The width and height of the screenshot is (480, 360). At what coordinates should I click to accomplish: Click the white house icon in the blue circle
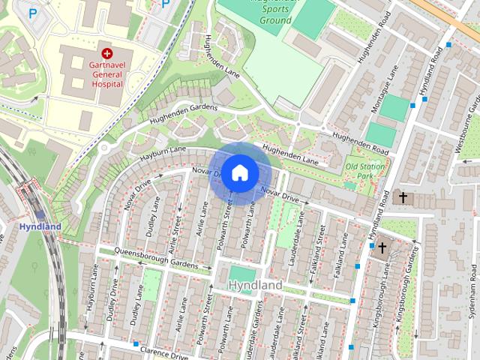(239, 173)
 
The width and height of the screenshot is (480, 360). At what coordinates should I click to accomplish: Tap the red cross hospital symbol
(106, 53)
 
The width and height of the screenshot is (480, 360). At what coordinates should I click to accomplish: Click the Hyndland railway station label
(34, 226)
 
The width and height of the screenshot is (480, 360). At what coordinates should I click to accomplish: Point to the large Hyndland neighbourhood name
(254, 286)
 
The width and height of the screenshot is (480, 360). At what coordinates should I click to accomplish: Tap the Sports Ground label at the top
(265, 10)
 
